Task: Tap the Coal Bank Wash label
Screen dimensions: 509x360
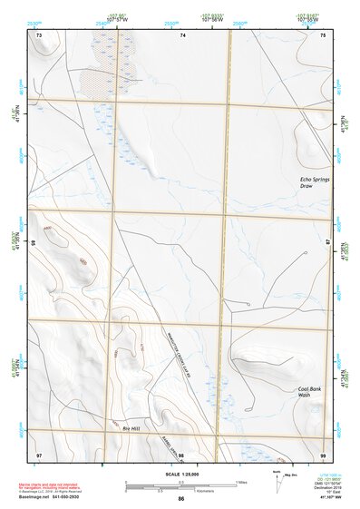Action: pyautogui.click(x=311, y=392)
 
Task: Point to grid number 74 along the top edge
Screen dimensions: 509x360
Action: pyautogui.click(x=182, y=35)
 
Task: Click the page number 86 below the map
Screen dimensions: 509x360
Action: pyautogui.click(x=181, y=499)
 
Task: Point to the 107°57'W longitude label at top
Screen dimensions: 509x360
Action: pyautogui.click(x=115, y=18)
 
